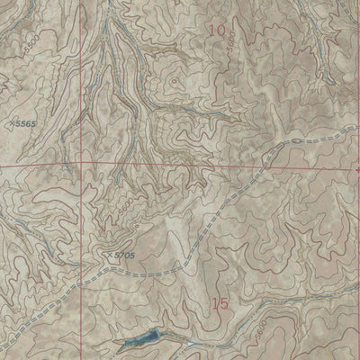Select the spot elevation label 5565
[x=31, y=122]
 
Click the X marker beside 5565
[x=12, y=121]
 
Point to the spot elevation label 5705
[x=124, y=256]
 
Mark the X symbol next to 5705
[x=108, y=254]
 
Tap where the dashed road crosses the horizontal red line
[x=262, y=166]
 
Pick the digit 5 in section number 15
[x=225, y=304]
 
